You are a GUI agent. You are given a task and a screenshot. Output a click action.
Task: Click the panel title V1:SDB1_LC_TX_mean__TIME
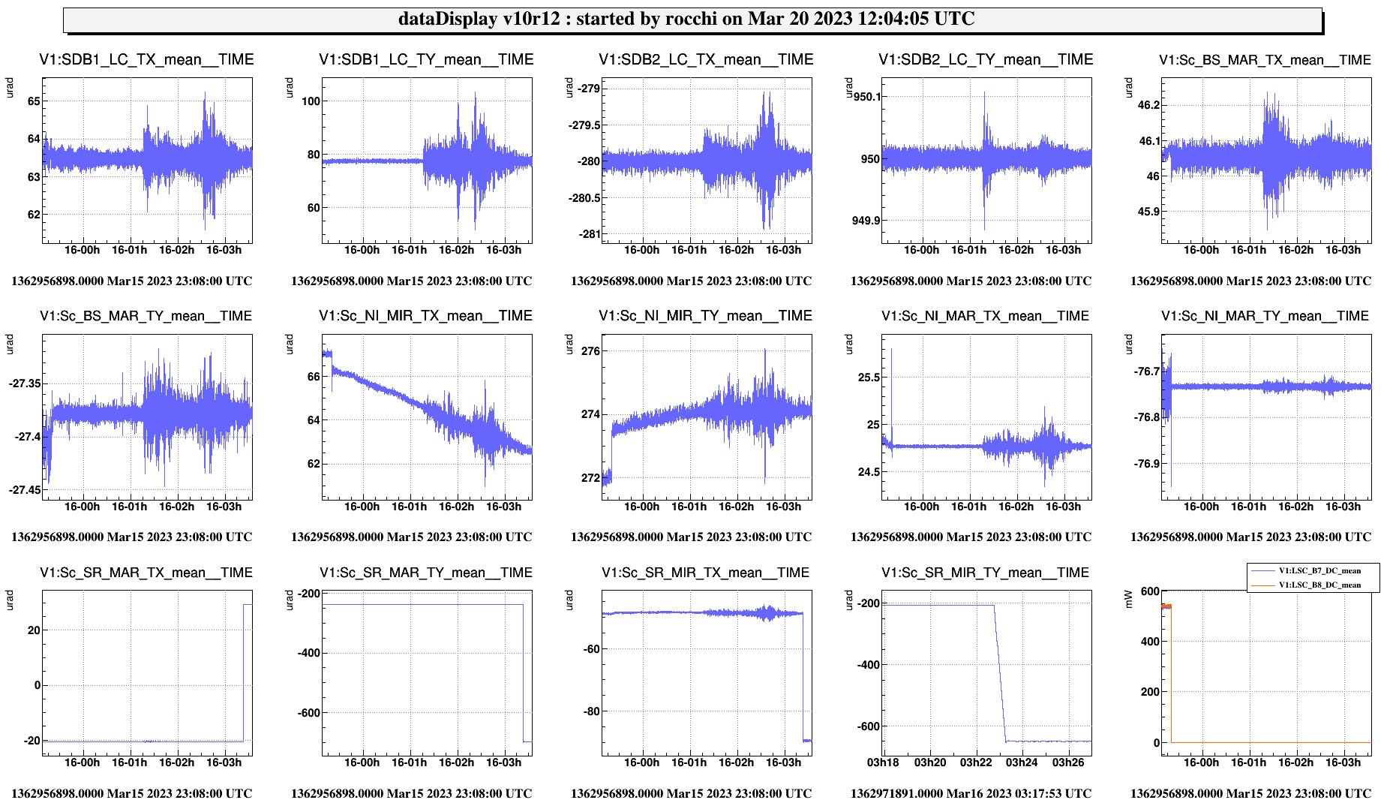coord(146,60)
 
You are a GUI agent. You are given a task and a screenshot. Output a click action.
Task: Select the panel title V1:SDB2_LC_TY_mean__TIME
coord(986,60)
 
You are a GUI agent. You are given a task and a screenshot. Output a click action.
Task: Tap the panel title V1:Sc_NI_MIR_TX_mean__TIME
coord(426,316)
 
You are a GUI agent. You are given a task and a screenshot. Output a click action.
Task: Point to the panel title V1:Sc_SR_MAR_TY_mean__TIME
coord(426,573)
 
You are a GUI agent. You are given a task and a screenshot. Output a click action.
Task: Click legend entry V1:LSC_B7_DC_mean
coord(1319,571)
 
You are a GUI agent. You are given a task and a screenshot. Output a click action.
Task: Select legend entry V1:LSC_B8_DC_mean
coord(1319,585)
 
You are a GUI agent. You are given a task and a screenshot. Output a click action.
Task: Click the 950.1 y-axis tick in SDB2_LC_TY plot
coord(867,97)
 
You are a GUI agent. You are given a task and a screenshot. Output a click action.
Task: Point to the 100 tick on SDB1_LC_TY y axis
coord(311,101)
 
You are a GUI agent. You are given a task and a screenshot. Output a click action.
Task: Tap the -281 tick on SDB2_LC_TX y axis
coord(590,234)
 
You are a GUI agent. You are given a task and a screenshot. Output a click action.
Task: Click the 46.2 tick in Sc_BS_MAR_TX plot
coord(1148,105)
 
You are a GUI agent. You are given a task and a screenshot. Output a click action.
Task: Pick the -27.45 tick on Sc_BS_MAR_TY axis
coord(25,490)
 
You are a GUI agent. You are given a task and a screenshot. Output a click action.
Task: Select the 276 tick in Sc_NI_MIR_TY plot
coord(590,351)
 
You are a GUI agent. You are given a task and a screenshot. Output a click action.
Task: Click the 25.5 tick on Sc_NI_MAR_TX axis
coord(869,377)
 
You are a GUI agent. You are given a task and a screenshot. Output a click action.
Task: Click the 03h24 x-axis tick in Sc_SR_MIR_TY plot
coord(1022,762)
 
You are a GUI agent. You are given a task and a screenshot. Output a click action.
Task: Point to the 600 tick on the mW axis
coord(1150,591)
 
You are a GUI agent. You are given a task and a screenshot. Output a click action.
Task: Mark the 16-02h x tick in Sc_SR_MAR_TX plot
coord(176,762)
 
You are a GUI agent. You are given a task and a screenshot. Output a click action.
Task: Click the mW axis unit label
coord(1129,599)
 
